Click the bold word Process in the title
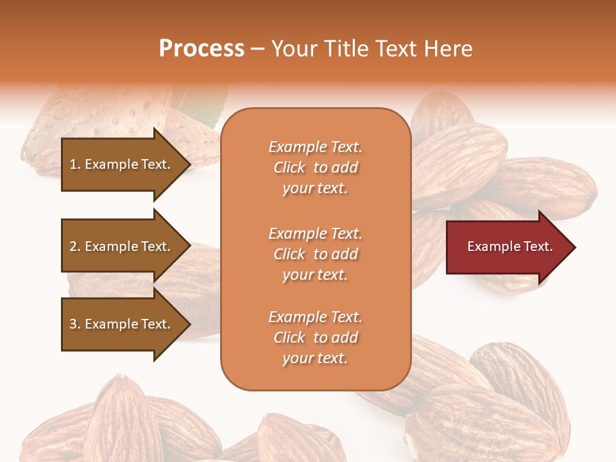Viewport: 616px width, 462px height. pyautogui.click(x=201, y=49)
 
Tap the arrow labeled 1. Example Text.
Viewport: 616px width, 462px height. pyautogui.click(x=122, y=164)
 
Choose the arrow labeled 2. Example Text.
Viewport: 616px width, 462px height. pyautogui.click(x=122, y=246)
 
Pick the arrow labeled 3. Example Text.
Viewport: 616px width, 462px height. pyautogui.click(x=122, y=324)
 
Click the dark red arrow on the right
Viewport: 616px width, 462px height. pyautogui.click(x=507, y=247)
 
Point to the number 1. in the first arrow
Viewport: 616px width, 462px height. pyautogui.click(x=75, y=164)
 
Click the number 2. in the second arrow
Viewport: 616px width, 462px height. pyautogui.click(x=75, y=246)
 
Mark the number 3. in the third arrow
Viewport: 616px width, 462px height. pyautogui.click(x=75, y=324)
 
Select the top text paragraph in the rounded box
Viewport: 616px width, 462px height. pyautogui.click(x=315, y=167)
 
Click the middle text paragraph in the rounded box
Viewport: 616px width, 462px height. pyautogui.click(x=315, y=254)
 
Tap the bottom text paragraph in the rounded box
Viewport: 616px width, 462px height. pyautogui.click(x=315, y=338)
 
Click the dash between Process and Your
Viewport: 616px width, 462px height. pyautogui.click(x=258, y=49)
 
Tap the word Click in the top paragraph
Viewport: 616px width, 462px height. pyautogui.click(x=289, y=167)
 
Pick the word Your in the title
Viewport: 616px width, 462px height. pyautogui.click(x=293, y=49)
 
